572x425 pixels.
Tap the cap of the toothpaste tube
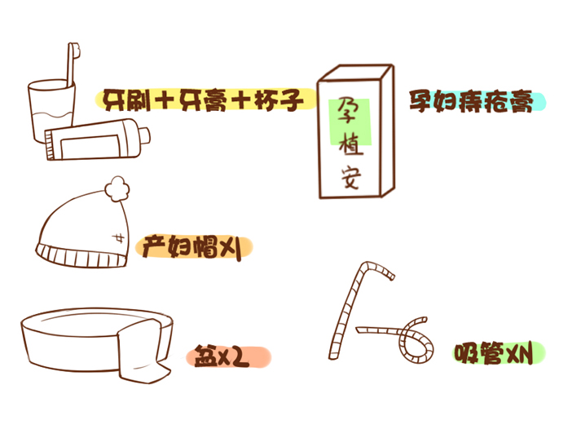(144, 136)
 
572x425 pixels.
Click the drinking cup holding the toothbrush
(51, 112)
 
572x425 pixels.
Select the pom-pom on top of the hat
(117, 188)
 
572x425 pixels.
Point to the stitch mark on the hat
(118, 238)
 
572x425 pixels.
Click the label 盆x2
(222, 356)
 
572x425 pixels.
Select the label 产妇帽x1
(191, 247)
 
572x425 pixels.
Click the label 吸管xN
(495, 353)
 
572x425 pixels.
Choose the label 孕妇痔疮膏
(471, 101)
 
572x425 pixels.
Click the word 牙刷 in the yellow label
(126, 100)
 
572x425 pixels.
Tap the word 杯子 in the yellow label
(279, 100)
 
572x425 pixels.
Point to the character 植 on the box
(350, 144)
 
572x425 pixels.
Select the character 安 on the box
(351, 177)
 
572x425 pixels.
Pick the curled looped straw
(405, 339)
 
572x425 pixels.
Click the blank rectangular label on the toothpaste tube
(90, 146)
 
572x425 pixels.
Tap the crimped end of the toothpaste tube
(50, 144)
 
